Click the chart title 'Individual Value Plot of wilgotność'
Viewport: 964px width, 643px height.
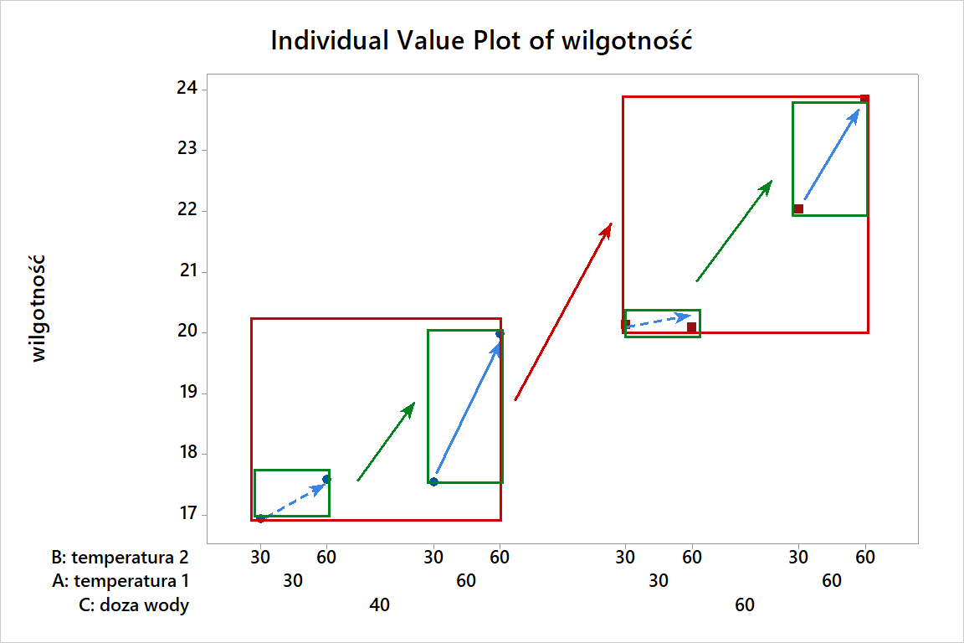point(481,40)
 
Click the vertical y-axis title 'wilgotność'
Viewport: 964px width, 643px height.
point(38,310)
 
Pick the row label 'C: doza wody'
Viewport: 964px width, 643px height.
point(133,605)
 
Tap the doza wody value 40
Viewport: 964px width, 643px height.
point(379,605)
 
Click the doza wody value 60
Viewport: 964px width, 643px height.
point(745,605)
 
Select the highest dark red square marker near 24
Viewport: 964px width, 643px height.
point(865,100)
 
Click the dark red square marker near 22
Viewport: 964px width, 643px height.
point(798,208)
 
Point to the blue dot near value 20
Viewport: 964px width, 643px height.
point(500,334)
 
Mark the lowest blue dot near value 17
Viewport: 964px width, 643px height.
point(260,518)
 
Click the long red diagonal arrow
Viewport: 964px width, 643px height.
point(563,311)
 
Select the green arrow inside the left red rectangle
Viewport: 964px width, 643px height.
point(386,442)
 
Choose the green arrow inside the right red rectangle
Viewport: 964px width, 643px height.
point(734,231)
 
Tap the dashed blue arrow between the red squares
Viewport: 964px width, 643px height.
point(659,321)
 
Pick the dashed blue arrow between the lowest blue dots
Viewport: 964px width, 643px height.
point(294,499)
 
